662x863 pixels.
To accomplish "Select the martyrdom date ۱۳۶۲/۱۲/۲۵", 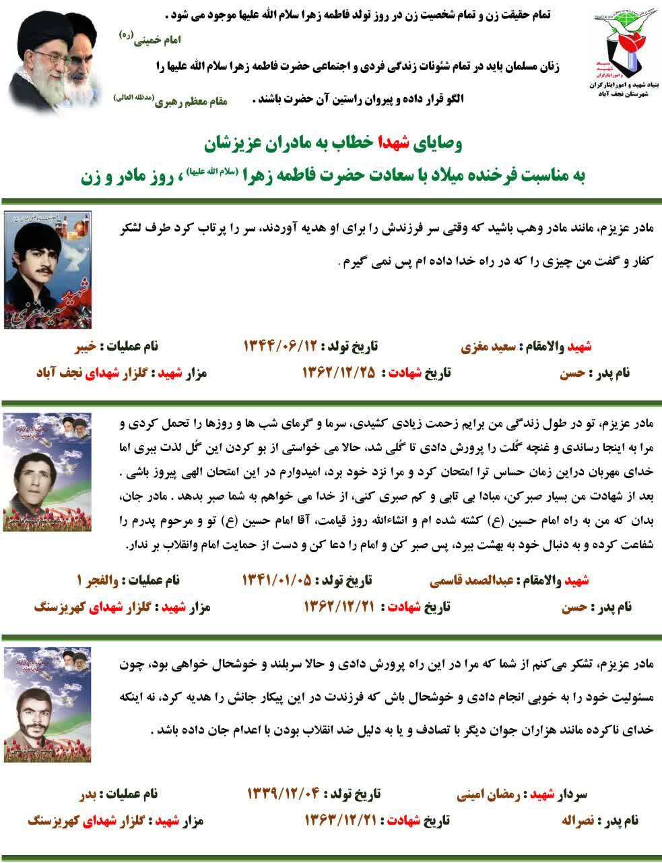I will [x=338, y=373].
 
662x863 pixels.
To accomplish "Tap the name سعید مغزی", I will [x=488, y=347].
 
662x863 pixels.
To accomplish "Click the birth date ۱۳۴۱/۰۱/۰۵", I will [x=278, y=581].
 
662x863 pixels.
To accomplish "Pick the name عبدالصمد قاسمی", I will [x=461, y=581].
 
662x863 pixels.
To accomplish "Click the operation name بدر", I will [x=89, y=794].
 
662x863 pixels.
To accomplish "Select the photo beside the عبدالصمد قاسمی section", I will [x=46, y=472].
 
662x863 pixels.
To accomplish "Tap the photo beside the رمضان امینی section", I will [x=46, y=704].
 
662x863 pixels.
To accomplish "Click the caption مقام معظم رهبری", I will [x=192, y=102].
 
